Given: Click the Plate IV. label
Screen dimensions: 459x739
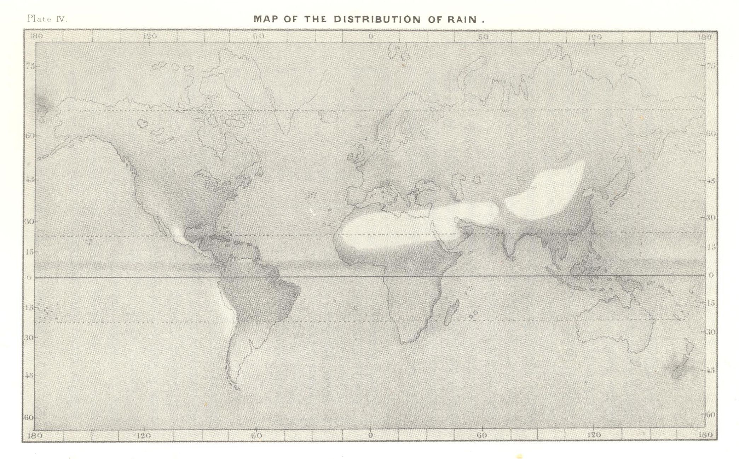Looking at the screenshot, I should [47, 19].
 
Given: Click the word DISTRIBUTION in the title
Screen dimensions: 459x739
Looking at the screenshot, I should [377, 19].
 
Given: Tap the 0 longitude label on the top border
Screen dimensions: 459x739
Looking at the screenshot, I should [370, 36].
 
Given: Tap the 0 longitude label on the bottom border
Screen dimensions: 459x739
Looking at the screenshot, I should [370, 435].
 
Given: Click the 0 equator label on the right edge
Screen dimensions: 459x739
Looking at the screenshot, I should [711, 275].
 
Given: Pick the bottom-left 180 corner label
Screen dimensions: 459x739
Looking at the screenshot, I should [35, 435].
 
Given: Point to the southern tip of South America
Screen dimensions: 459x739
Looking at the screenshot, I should [236, 389].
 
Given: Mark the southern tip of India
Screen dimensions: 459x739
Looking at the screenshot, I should [512, 259].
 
